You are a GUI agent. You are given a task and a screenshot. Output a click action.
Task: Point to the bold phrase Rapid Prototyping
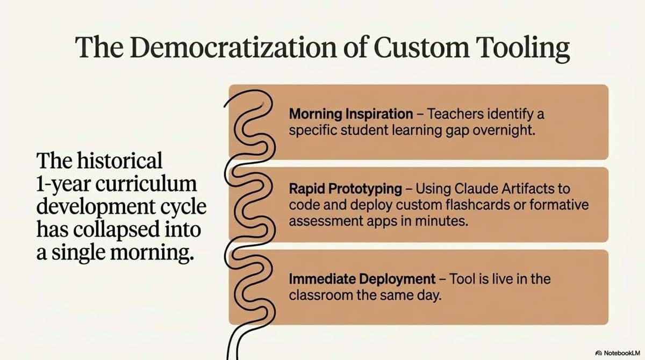coord(345,189)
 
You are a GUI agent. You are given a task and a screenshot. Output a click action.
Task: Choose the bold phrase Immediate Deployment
coord(362,279)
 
